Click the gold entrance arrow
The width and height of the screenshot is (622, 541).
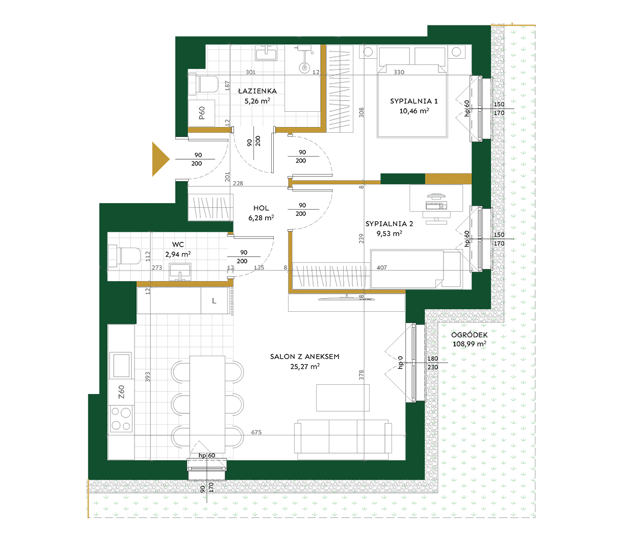coord(159,159)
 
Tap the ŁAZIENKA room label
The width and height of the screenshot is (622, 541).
coord(257,91)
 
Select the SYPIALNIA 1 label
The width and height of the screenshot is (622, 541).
coord(414,101)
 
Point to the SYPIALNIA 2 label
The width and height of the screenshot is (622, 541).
coord(389,224)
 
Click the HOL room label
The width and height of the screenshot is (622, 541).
coord(261,208)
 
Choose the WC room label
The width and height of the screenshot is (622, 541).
coord(178,244)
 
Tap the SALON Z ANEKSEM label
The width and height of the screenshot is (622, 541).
coord(304,356)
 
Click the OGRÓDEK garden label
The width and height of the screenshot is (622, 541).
coord(469,335)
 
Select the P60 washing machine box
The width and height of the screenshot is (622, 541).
coord(201,113)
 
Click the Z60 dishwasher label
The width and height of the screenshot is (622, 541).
coord(121,392)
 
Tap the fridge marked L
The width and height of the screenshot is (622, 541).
coord(214,301)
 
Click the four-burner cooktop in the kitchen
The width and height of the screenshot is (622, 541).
coord(121,419)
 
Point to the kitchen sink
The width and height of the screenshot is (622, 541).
coord(121,365)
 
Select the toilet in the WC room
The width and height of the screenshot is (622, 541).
coord(124,256)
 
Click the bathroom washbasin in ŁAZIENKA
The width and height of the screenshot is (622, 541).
coord(266,53)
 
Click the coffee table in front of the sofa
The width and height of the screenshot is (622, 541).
coord(343,398)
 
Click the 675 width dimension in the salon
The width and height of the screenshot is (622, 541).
coord(256,432)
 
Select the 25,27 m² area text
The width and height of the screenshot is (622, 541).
coord(304,366)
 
